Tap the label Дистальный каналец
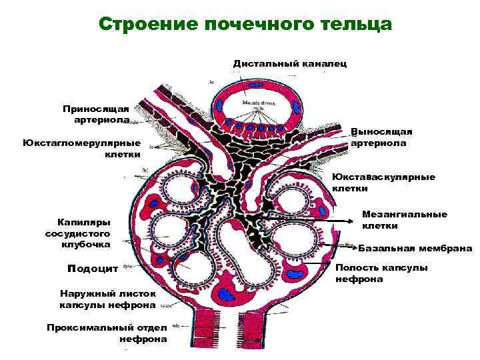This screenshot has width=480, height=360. coord(289,63)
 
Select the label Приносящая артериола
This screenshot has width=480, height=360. coord(100,113)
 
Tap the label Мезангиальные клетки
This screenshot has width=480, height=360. coord(404,220)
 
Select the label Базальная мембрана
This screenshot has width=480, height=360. coord(415,249)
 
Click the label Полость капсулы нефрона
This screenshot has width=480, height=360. coord(381,273)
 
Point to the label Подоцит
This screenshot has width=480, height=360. coord(93,268)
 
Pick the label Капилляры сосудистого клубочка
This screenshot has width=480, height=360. coord(78,233)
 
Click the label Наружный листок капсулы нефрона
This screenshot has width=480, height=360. coord(107,299)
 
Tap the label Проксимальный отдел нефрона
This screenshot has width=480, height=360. coord(107,333)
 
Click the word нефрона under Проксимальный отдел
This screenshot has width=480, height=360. coord(143,339)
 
